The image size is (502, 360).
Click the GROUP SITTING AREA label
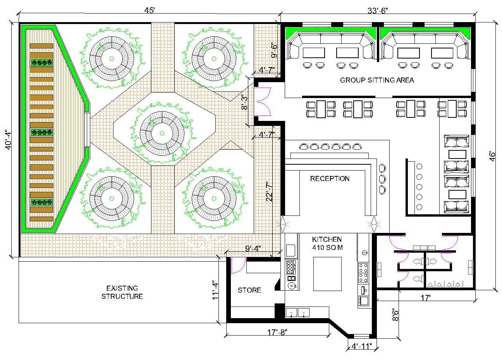point(377,80)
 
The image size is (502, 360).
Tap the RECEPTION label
point(330,178)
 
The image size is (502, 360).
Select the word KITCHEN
point(327,239)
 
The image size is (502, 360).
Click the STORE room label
point(249,290)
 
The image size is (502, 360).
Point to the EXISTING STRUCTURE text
point(122,292)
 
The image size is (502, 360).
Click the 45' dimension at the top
point(150,10)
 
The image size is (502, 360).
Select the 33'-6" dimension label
point(378,10)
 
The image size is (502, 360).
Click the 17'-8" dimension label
point(277,332)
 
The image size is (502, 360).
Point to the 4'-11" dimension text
point(362,346)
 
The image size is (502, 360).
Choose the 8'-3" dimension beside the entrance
point(244,102)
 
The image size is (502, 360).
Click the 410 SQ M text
point(327,247)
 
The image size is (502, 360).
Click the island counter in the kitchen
point(327,274)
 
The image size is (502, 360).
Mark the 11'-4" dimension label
point(215,290)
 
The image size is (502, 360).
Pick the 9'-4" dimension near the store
point(253,249)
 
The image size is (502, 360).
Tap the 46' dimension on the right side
point(492,156)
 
